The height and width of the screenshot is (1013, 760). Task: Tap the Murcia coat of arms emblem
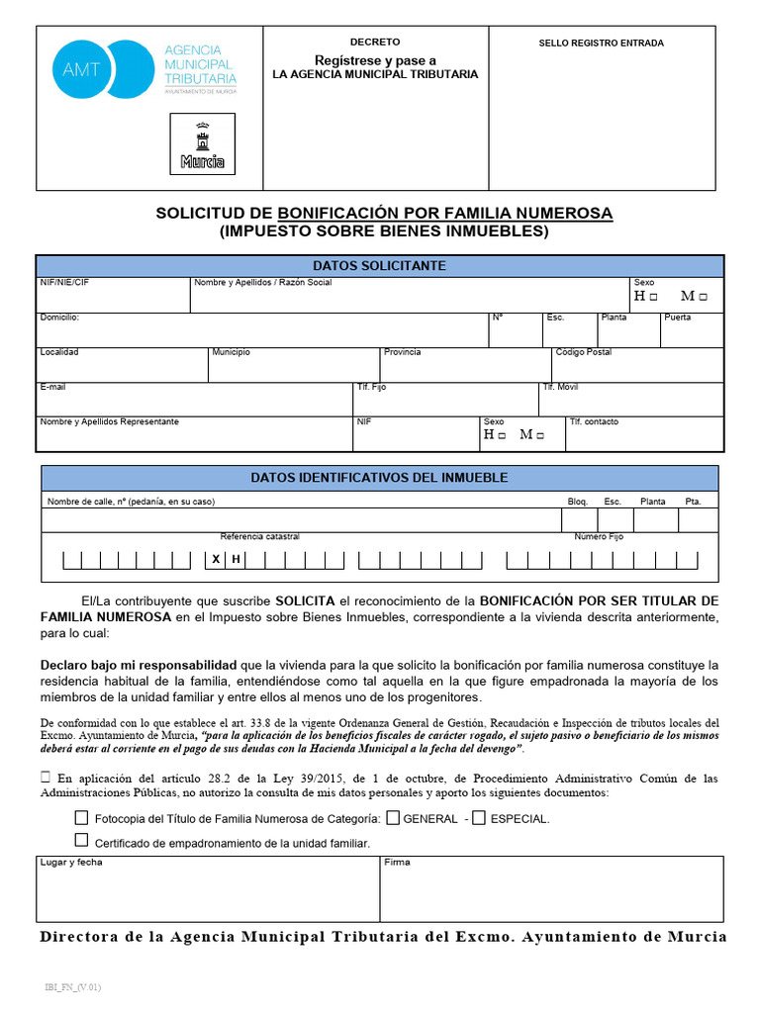pos(202,143)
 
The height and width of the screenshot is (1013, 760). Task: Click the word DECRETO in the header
pos(375,43)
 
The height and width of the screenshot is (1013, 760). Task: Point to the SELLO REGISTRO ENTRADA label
pos(601,44)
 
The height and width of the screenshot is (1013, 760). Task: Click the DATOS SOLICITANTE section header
pos(379,266)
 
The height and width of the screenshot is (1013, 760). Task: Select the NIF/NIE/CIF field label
pos(64,283)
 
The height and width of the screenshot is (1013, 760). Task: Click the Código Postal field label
pos(584,352)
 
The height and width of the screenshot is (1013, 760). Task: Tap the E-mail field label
pos(52,387)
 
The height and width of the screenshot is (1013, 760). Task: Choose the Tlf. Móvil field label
pos(560,387)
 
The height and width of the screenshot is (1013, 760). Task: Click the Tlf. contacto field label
pos(594,421)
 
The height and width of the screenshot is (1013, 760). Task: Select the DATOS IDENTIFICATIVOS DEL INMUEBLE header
pos(379,478)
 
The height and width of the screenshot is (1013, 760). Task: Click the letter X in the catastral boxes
pos(215,560)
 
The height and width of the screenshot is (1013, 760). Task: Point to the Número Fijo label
pos(599,537)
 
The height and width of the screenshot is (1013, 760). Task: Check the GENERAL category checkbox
pos(393,818)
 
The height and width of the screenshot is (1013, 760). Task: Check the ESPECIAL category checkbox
pos(479,818)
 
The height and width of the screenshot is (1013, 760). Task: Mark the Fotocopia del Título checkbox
pos(81,818)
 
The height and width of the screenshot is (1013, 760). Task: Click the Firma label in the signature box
pos(397,863)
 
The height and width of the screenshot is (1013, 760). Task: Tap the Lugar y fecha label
pos(71,863)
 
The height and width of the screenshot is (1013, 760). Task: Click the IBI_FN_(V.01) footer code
pos(72,987)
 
